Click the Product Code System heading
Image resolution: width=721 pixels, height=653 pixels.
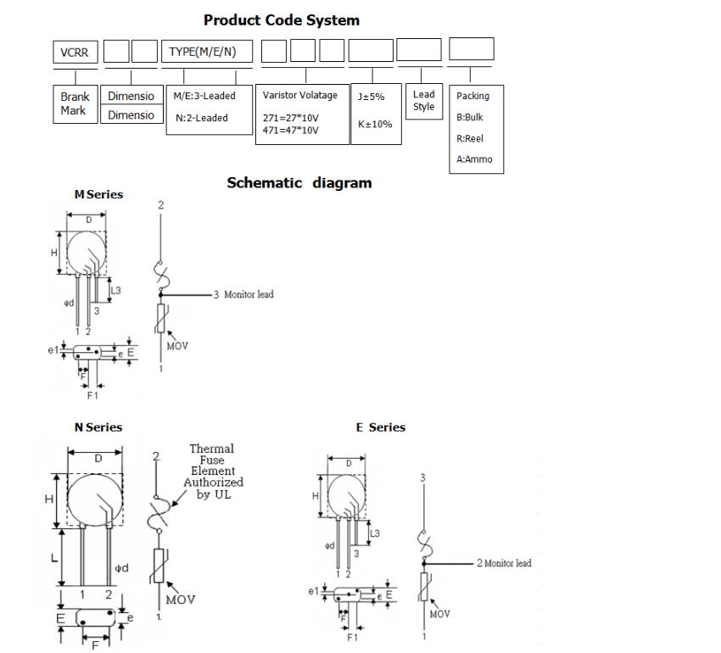pos(281,20)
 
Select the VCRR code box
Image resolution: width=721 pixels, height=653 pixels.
pos(75,52)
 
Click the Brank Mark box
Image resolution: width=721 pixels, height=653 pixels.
pos(75,103)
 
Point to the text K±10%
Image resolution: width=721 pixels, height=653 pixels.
pos(375,124)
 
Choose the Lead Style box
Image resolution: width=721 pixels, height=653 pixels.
pos(423,100)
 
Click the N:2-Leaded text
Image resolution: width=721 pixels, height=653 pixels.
pos(202,118)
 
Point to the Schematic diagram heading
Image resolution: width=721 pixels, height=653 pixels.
pos(299,183)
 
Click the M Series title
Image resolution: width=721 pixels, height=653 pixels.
pos(98,195)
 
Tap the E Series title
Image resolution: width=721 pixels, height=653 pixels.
pos(380,427)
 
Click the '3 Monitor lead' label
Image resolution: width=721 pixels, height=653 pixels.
pos(243,294)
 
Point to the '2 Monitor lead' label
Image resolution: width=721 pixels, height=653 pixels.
pos(504,563)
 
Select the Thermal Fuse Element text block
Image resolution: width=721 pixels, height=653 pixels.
pos(212,472)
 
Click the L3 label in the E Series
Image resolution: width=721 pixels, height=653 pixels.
pos(375,533)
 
